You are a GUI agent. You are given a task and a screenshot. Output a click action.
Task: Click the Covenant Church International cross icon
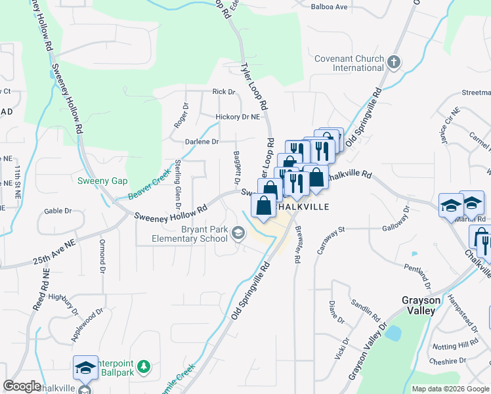(393, 63)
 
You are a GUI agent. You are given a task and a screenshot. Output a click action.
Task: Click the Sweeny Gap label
(102, 181)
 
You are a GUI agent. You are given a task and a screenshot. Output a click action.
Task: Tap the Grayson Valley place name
(421, 305)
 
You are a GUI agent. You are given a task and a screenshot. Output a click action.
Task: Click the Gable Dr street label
(57, 211)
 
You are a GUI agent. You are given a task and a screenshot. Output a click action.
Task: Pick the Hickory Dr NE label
(238, 117)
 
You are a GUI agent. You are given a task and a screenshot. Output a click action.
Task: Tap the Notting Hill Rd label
(455, 345)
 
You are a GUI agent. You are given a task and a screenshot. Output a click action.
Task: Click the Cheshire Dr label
(449, 360)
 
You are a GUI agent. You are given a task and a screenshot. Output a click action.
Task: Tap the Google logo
(22, 386)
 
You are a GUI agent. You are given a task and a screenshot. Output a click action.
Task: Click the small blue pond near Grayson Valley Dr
(393, 333)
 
